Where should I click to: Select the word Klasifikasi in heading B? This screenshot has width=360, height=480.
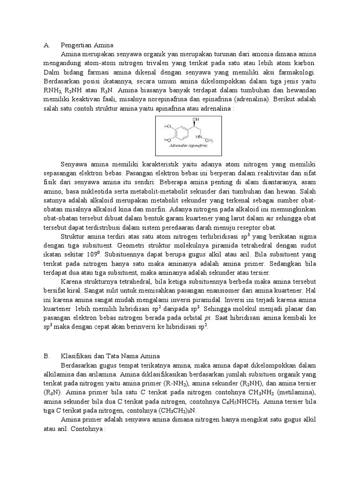pos(77,356)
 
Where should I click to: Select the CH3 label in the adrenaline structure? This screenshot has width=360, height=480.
pos(209,140)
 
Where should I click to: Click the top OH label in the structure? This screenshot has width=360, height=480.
pos(196,120)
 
